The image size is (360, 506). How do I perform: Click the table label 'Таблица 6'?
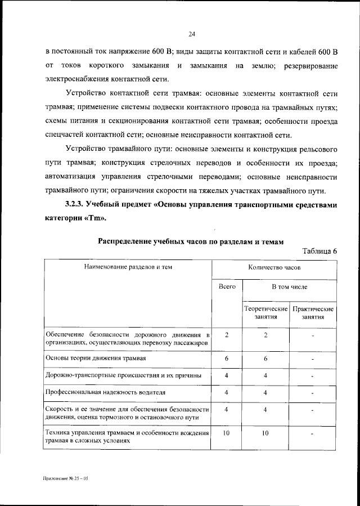coord(319,251)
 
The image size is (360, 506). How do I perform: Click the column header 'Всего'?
coord(227,286)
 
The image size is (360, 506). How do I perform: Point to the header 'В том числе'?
coord(289,286)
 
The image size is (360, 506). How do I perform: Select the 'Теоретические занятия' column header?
coord(265,313)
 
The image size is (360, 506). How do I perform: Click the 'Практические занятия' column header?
coord(313,313)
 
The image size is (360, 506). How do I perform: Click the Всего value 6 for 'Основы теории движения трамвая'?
coord(227,358)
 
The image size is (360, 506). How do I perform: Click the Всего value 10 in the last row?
coord(227,433)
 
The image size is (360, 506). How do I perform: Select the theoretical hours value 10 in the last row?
coord(265,433)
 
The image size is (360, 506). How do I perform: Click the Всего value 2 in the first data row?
coord(227,335)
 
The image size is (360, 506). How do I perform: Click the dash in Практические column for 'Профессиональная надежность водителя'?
coord(313,392)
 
